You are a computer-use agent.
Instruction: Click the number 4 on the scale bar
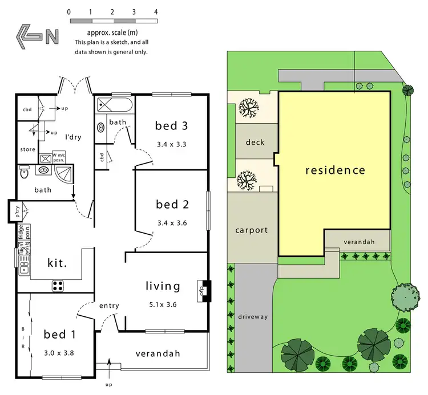click(155, 11)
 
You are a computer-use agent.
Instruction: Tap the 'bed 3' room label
click(172, 126)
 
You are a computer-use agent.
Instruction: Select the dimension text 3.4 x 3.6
click(172, 223)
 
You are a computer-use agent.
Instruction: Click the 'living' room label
click(163, 286)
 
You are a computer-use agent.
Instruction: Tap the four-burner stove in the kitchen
click(58, 285)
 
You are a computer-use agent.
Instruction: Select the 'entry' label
click(109, 306)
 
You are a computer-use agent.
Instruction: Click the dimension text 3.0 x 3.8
click(59, 352)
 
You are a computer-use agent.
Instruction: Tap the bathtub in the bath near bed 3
click(114, 105)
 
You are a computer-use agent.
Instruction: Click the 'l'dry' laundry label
click(74, 138)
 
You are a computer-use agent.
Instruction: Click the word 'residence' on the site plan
click(334, 170)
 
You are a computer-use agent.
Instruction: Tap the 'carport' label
click(251, 231)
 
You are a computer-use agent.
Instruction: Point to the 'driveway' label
click(253, 316)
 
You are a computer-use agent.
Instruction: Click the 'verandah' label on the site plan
click(359, 242)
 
